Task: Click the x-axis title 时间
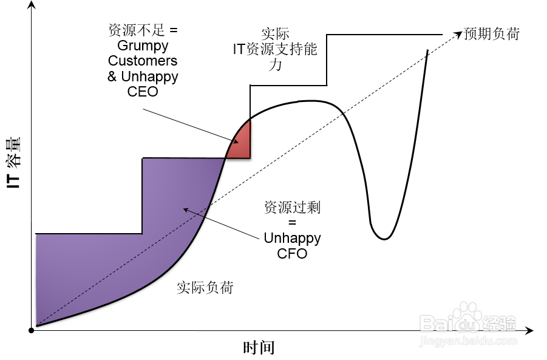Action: pyautogui.click(x=259, y=348)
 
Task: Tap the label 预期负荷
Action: pyautogui.click(x=492, y=33)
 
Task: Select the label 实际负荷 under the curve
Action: pyautogui.click(x=205, y=287)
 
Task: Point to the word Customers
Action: pyautogui.click(x=143, y=61)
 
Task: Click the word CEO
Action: pyautogui.click(x=143, y=92)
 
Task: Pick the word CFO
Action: pyautogui.click(x=292, y=254)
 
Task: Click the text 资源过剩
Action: pyautogui.click(x=292, y=208)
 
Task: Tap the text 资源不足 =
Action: pyautogui.click(x=143, y=30)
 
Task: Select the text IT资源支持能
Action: pyautogui.click(x=275, y=50)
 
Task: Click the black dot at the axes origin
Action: pyautogui.click(x=31, y=330)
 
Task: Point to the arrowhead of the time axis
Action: pyautogui.click(x=529, y=331)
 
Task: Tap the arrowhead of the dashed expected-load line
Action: pyautogui.click(x=457, y=35)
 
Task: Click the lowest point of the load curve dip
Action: pyautogui.click(x=383, y=239)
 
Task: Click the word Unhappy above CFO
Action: pyautogui.click(x=292, y=238)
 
